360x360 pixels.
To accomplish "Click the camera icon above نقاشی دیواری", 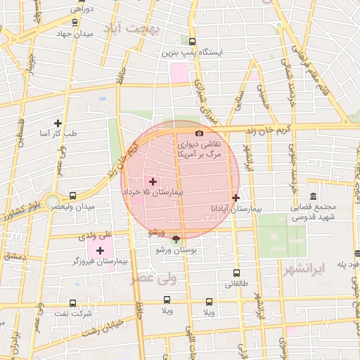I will tap(199, 133).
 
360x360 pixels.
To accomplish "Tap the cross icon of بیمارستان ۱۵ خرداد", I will tap(153, 181).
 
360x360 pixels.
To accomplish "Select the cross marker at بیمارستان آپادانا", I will tap(236, 198).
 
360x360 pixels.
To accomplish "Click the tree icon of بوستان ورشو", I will tap(175, 238).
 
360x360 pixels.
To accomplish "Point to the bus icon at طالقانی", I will tap(236, 273).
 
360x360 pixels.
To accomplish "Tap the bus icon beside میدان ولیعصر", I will tap(74, 196).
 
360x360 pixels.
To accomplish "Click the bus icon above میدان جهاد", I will tap(75, 21).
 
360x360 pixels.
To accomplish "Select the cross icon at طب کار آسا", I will tap(67, 123).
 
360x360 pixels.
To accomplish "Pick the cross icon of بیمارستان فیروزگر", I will tap(100, 250).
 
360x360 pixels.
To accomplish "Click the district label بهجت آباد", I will tap(132, 29).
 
